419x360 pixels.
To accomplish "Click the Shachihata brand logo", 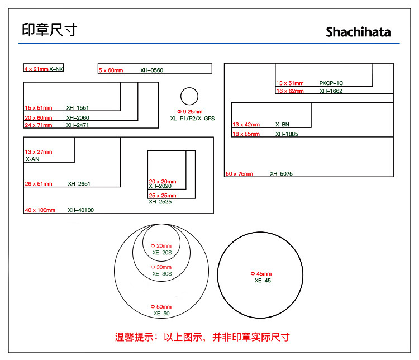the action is click(x=358, y=32).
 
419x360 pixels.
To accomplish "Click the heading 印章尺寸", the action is click(x=49, y=30).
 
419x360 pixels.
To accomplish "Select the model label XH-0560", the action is click(x=152, y=70).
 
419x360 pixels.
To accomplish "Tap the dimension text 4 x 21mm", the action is click(x=36, y=69).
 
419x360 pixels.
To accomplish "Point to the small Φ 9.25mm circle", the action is click(x=189, y=87).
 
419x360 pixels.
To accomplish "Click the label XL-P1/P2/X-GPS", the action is click(x=192, y=118).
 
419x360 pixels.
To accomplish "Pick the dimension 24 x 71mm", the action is click(x=39, y=125).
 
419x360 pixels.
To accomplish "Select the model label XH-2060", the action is click(x=78, y=118).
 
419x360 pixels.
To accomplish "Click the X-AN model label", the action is click(x=32, y=159).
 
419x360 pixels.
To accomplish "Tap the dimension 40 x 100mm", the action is click(x=40, y=210).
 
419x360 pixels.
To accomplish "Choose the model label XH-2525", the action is click(x=160, y=202).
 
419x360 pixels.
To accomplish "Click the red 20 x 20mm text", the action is click(x=163, y=181).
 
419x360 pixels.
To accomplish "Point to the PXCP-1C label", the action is click(x=331, y=83).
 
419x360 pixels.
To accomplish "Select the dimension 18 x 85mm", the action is click(x=246, y=134).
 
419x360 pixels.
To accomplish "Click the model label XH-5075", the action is click(x=282, y=174).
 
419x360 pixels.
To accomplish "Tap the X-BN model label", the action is click(x=283, y=124).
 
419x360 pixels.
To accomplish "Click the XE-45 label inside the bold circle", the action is click(x=263, y=280).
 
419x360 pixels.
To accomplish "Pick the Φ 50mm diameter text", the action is click(x=161, y=306).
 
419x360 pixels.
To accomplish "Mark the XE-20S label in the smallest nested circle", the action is click(x=162, y=253).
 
